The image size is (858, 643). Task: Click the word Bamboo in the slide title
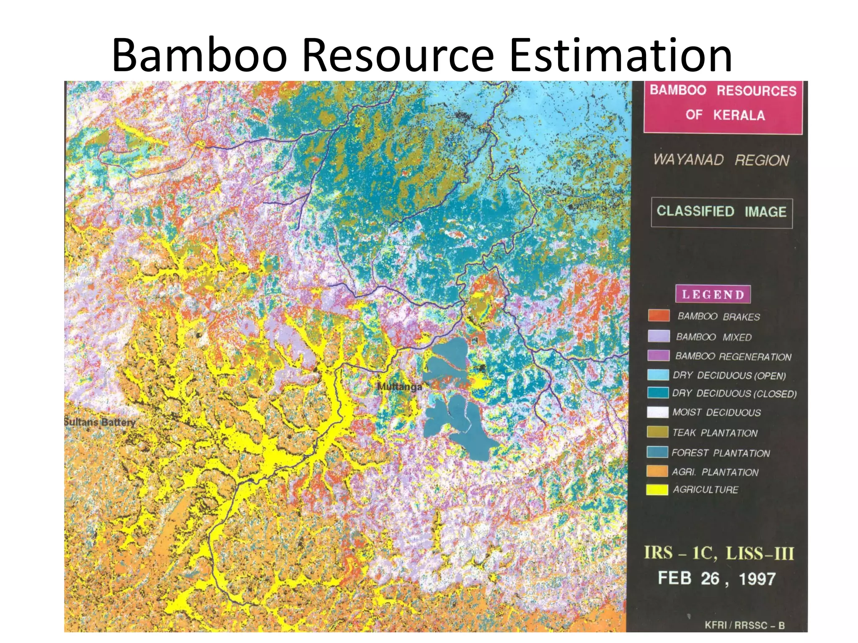(x=199, y=56)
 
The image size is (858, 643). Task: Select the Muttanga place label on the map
(x=399, y=386)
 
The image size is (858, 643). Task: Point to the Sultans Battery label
(x=100, y=422)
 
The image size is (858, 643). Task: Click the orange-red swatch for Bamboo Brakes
(x=659, y=315)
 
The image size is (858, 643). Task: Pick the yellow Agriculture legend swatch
(x=657, y=489)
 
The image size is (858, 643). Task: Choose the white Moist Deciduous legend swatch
(x=657, y=412)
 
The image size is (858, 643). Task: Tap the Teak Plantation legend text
(x=715, y=433)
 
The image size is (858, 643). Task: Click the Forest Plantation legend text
(x=721, y=453)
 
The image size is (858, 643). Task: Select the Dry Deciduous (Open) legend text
(x=729, y=376)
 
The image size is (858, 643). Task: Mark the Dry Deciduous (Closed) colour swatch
(x=657, y=393)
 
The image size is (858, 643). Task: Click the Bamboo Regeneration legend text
(x=733, y=357)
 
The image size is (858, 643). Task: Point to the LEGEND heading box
(x=713, y=294)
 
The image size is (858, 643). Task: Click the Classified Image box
(x=721, y=212)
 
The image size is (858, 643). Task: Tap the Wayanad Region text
(x=721, y=160)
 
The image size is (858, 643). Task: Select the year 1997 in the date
(x=757, y=579)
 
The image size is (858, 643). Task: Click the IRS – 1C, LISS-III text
(x=719, y=553)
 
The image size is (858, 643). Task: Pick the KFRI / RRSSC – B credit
(x=744, y=625)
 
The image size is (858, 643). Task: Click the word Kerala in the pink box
(x=739, y=115)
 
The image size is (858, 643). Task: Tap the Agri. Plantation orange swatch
(x=657, y=471)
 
